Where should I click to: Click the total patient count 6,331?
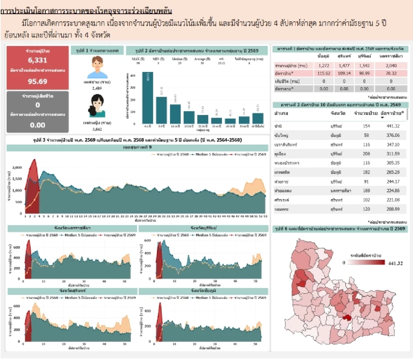point(38,60)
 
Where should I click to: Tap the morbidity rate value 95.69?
point(38,82)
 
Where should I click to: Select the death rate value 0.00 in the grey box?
point(38,125)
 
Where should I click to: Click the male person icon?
point(97,68)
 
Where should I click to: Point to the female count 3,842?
point(97,129)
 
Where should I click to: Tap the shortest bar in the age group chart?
point(230,121)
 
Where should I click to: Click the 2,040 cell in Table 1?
point(391,65)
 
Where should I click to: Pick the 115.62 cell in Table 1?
point(324,73)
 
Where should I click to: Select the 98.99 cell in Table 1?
point(364,73)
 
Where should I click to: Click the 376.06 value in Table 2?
point(393,135)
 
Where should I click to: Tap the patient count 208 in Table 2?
point(366,154)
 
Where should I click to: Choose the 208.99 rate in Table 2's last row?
point(393,209)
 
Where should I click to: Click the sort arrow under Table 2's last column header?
point(382,118)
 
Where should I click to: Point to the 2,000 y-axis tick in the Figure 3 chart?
point(17,167)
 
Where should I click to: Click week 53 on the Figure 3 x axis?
point(265,216)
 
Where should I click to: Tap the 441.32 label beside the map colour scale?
point(395,263)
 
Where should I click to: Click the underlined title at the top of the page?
point(86,11)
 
